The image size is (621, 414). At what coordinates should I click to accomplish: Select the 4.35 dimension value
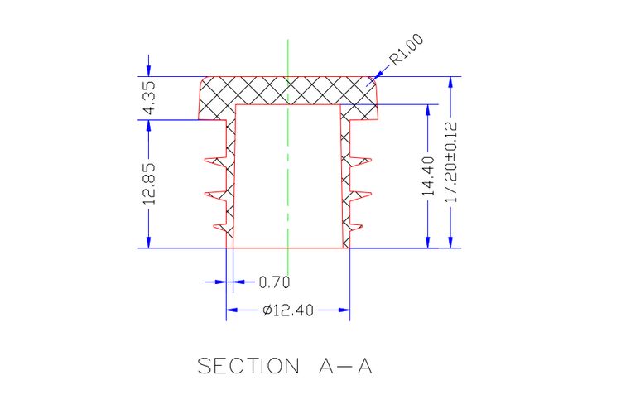click(x=149, y=98)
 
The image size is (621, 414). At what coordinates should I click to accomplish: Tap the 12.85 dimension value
click(x=149, y=184)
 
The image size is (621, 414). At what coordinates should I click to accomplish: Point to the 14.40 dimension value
click(x=428, y=176)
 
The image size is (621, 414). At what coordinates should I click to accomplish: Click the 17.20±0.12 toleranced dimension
click(x=450, y=162)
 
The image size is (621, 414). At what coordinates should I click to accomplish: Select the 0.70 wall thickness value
click(x=274, y=282)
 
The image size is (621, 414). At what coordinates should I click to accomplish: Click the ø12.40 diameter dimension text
click(x=288, y=310)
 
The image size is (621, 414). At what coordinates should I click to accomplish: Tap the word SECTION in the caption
click(x=248, y=366)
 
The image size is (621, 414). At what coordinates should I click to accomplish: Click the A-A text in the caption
click(x=345, y=366)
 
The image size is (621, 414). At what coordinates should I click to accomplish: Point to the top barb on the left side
click(x=215, y=161)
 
